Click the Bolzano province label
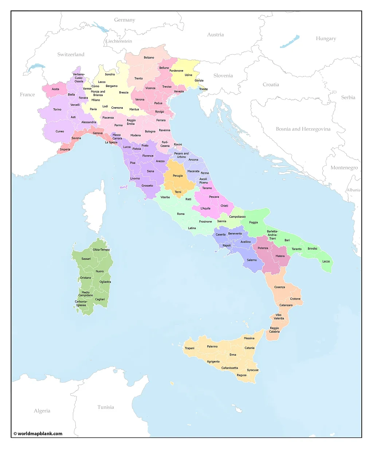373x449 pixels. point(149,57)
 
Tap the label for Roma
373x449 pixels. point(181,214)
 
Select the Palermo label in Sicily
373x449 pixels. point(212,346)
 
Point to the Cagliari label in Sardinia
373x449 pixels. point(100,299)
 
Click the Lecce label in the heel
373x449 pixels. point(326,261)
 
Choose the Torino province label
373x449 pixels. point(57,109)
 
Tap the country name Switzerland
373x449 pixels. point(71,55)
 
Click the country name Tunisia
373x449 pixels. point(106,407)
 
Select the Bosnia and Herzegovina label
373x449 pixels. point(303,129)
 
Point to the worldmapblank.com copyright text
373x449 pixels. point(38,433)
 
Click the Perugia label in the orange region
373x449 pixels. point(178,176)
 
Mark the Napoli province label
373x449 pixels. point(227,245)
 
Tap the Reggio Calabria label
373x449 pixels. point(274,330)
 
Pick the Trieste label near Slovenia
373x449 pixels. point(203,89)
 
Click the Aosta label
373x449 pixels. point(55,89)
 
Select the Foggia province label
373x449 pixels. point(254,223)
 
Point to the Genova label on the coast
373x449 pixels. point(98,133)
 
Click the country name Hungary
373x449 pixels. point(326,39)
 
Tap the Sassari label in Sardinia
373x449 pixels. point(86,259)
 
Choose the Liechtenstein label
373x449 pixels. point(119,41)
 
